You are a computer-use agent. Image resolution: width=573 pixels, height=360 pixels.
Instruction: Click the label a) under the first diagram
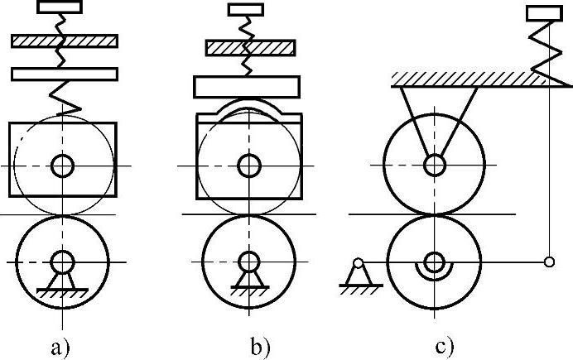tap(60, 347)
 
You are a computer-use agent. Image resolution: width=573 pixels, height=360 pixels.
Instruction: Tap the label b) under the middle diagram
tap(262, 347)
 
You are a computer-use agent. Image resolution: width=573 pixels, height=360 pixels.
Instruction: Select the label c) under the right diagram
tap(446, 347)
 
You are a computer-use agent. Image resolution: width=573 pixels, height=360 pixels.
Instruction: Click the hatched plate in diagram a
tap(64, 41)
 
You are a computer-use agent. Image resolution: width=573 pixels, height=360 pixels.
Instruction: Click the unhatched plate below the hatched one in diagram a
tap(64, 74)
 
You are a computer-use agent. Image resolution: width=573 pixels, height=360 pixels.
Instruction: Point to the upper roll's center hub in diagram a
tap(62, 166)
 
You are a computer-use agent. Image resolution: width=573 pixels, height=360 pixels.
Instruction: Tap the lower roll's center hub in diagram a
tap(62, 262)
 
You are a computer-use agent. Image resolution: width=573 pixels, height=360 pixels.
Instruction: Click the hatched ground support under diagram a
tap(62, 290)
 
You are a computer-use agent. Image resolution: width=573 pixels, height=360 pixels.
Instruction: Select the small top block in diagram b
tap(246, 10)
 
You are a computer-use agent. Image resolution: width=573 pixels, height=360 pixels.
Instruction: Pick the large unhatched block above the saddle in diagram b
tap(246, 86)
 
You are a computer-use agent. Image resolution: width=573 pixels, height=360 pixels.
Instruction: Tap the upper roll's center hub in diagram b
tap(248, 166)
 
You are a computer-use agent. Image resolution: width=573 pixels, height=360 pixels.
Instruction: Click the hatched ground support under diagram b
tap(248, 290)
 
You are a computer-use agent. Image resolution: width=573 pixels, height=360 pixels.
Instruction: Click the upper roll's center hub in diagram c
tap(433, 166)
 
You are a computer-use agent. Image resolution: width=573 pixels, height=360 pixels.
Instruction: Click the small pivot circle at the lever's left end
tap(359, 264)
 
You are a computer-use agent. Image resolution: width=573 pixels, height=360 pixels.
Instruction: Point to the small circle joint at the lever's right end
tap(549, 263)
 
